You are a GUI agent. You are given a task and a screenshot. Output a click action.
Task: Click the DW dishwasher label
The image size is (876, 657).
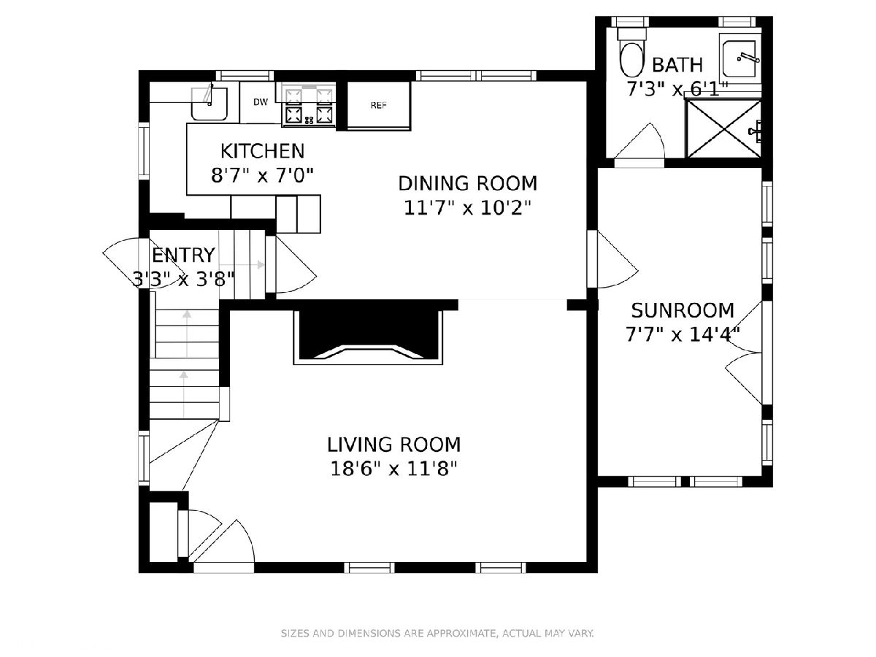pyautogui.click(x=261, y=102)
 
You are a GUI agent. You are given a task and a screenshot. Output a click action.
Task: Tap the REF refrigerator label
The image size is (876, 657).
pyautogui.click(x=379, y=105)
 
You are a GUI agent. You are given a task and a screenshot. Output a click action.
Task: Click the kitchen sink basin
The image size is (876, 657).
pyautogui.click(x=209, y=104)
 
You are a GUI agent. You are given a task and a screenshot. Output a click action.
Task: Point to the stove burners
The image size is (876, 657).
pyautogui.click(x=309, y=105)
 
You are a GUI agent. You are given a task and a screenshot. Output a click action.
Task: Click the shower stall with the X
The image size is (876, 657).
pyautogui.click(x=723, y=128)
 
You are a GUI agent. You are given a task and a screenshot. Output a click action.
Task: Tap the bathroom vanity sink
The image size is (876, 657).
pyautogui.click(x=739, y=59)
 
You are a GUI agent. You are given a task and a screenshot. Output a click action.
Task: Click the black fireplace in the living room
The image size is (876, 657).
pyautogui.click(x=368, y=334)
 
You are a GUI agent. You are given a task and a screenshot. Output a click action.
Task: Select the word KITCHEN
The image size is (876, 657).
pyautogui.click(x=263, y=151)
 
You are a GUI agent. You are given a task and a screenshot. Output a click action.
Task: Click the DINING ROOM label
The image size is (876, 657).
pyautogui.click(x=468, y=183)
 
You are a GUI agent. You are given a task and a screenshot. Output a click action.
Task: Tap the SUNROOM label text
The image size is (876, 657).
pyautogui.click(x=683, y=311)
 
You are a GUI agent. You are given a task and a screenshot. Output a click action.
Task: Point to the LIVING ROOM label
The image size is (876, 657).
pyautogui.click(x=394, y=445)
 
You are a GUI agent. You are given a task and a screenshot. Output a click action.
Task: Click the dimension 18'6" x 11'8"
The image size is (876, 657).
pyautogui.click(x=393, y=469)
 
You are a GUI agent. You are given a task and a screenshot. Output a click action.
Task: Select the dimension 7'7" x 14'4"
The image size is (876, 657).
pyautogui.click(x=683, y=334)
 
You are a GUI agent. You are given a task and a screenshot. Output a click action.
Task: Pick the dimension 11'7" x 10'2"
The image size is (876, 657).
pyautogui.click(x=468, y=207)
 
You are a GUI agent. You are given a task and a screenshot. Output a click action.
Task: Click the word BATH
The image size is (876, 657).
pyautogui.click(x=677, y=65)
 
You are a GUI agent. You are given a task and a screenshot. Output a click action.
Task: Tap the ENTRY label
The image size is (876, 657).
pyautogui.click(x=183, y=255)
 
